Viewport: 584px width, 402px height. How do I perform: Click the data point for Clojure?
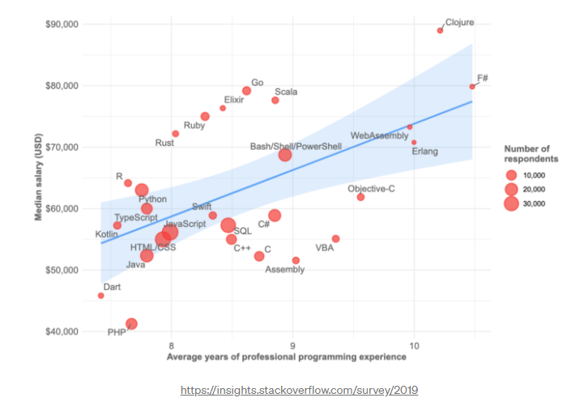point(440,31)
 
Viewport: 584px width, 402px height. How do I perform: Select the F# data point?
point(472,87)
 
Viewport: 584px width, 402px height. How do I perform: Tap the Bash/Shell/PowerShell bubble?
point(284,155)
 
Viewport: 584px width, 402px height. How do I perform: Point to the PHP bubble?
point(131,324)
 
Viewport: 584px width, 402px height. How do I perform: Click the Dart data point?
point(100,296)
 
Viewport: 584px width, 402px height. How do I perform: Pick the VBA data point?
point(335,239)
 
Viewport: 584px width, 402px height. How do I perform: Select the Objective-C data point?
point(360,197)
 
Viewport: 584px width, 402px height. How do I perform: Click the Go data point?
point(246,91)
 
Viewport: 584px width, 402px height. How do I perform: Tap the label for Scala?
point(286,92)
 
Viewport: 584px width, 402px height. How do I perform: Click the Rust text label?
point(164,143)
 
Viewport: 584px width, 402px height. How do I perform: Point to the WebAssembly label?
point(379,135)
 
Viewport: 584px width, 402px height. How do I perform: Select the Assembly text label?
point(285,269)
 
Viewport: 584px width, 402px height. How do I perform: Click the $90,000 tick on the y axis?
point(60,24)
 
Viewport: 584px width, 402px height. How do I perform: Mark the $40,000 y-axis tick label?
point(60,331)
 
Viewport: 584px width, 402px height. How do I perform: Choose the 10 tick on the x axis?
point(415,347)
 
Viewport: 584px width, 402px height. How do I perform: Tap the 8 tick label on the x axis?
point(171,347)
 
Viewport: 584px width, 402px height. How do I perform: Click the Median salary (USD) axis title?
point(38,177)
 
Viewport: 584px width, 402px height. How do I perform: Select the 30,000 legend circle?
point(510,203)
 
